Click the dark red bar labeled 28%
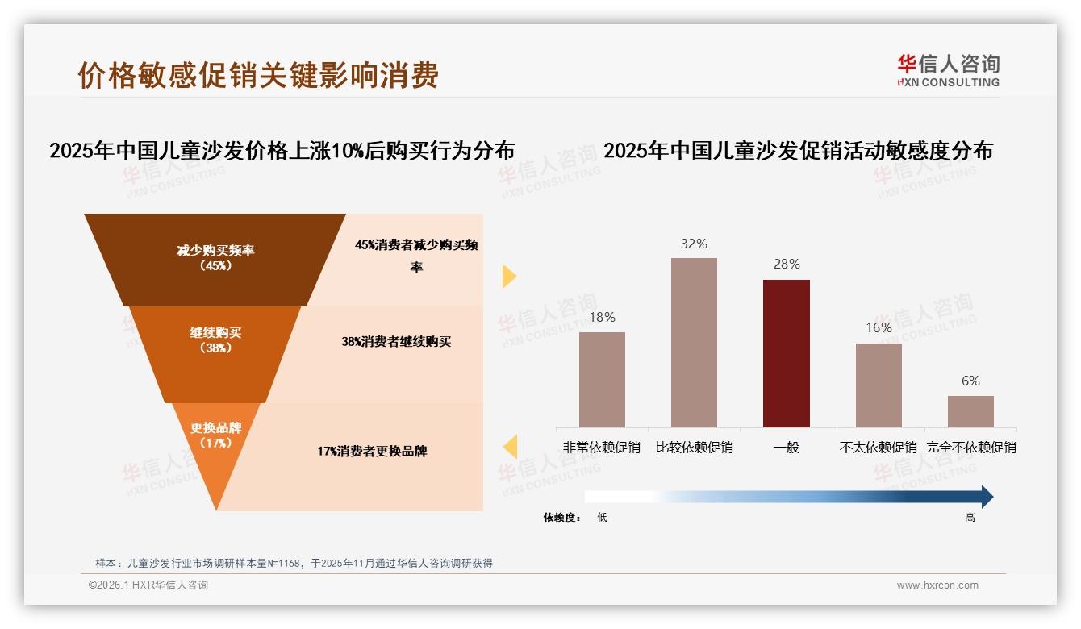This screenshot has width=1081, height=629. pos(786,353)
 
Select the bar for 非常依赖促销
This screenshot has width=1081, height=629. pos(602,379)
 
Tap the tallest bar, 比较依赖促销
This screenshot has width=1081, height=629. pos(694,342)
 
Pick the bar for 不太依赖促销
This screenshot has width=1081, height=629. pos(879,385)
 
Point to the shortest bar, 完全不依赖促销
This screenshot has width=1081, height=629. pos(970,411)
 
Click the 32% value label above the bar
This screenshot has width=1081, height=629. pos(694,244)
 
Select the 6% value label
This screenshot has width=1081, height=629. pos(970,381)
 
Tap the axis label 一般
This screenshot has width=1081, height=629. pos(786,447)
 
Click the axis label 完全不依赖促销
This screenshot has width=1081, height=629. pos(970,447)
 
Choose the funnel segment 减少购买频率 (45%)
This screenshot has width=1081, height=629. pos(215,258)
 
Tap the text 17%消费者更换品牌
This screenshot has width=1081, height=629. pos(372,452)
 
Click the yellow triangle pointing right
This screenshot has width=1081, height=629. pos(509,276)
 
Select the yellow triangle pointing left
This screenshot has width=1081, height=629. pos(510,446)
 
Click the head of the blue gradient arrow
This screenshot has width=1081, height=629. pos(985,497)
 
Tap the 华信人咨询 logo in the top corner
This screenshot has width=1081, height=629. pos(948,70)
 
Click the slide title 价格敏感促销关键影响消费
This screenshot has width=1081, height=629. pos(258,75)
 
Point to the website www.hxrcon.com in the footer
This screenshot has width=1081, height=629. pos(937,585)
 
